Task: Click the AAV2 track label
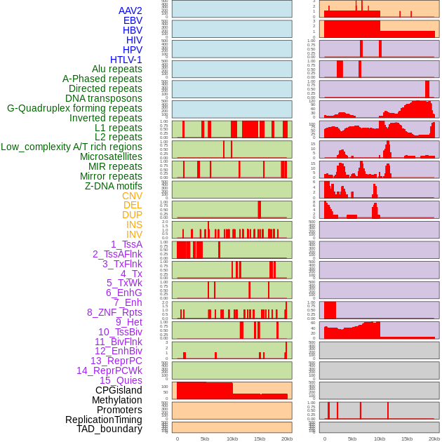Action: (x=130, y=11)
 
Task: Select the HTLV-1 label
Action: (x=126, y=60)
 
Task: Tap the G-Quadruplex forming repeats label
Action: (x=74, y=108)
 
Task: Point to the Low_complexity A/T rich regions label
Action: (x=72, y=147)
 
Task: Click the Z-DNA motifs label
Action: (x=114, y=186)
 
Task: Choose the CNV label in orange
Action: (x=132, y=196)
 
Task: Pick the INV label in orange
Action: (x=134, y=234)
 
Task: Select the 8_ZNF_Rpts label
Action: (x=114, y=312)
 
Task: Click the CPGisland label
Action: (x=119, y=390)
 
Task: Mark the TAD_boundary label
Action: (x=109, y=429)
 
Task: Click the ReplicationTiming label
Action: (x=104, y=420)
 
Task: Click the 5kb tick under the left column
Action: (x=205, y=438)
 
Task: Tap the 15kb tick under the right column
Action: (x=407, y=438)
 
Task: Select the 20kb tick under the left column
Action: (x=287, y=438)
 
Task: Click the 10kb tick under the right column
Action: (x=380, y=438)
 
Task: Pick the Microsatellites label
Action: (x=111, y=156)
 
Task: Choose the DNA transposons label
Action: (x=104, y=98)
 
